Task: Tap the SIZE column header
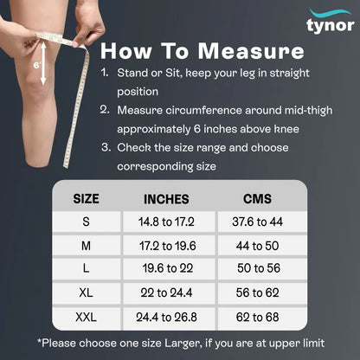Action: tap(86, 198)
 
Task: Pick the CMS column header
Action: tap(258, 198)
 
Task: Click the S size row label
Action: tap(86, 222)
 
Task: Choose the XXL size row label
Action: tap(86, 318)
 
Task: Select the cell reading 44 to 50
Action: tap(258, 246)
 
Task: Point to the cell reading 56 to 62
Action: tap(258, 293)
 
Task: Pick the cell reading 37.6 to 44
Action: tap(258, 222)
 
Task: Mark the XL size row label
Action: tap(86, 293)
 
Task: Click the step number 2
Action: tap(104, 110)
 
